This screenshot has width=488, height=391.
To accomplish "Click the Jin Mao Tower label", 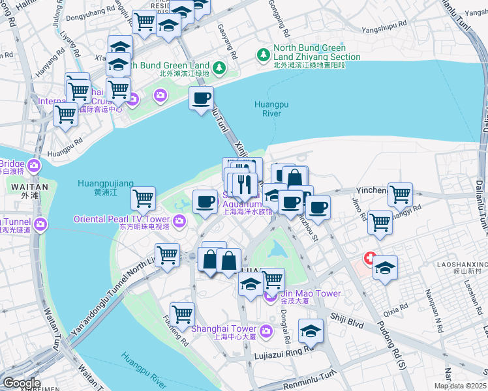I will pyautogui.click(x=311, y=294).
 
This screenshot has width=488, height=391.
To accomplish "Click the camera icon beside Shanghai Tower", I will pyautogui.click(x=266, y=332).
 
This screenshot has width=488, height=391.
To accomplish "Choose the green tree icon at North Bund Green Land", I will pyautogui.click(x=219, y=66).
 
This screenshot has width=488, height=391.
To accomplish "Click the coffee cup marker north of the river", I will pyautogui.click(x=201, y=98).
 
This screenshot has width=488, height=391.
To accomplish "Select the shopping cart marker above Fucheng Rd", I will pyautogui.click(x=182, y=313).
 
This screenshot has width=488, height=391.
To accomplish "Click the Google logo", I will pyautogui.click(x=21, y=383).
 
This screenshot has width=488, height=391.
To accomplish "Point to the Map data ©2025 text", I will pyautogui.click(x=461, y=386).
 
